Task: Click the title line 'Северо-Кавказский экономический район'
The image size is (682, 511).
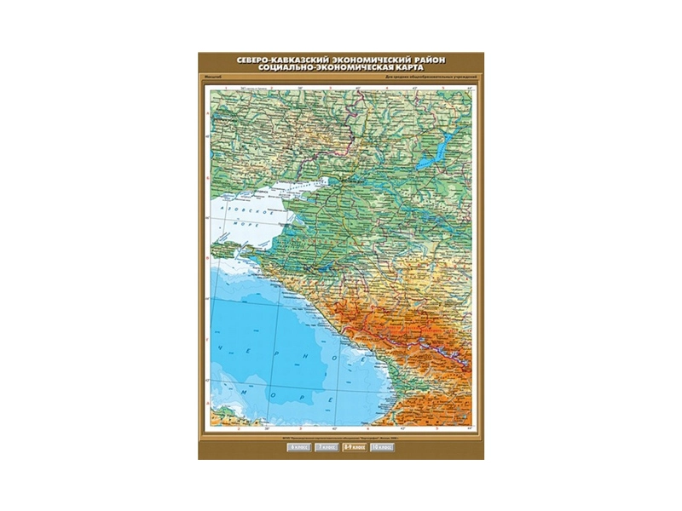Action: [341, 59]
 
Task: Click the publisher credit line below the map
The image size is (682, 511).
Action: [341, 438]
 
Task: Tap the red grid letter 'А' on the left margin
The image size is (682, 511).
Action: [208, 113]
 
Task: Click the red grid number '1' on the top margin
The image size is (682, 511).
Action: [224, 86]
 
